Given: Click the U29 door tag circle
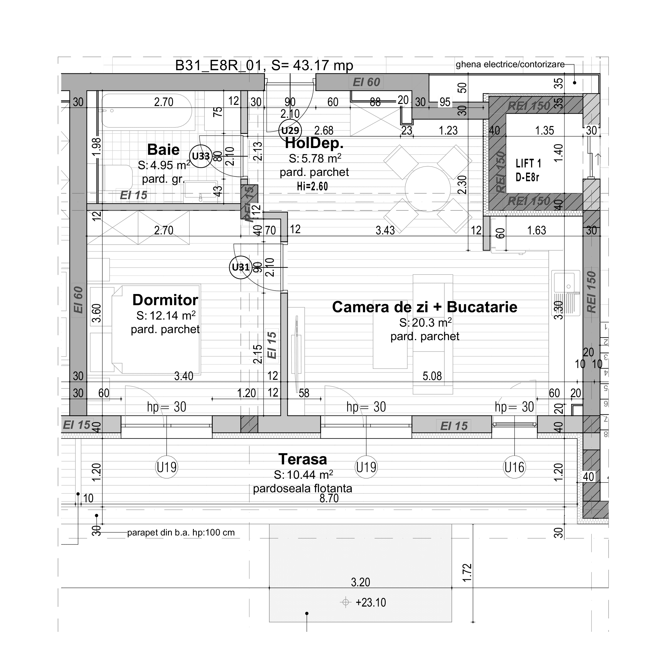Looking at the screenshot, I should [x=290, y=130].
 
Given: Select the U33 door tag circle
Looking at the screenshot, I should [x=201, y=156].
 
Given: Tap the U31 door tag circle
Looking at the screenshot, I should [x=241, y=267].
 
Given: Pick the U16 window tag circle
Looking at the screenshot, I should [x=514, y=467].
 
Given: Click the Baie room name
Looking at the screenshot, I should [x=163, y=150].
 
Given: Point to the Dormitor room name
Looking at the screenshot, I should [x=165, y=300].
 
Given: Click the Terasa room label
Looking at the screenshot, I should [x=303, y=459].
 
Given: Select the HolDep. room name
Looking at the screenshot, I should [x=314, y=143].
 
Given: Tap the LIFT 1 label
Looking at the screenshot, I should [x=528, y=163].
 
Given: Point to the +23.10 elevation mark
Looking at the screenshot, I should [x=370, y=602].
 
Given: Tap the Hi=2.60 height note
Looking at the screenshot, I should [x=312, y=187].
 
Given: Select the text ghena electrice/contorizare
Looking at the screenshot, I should [x=510, y=65].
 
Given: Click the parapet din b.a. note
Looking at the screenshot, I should [x=181, y=532].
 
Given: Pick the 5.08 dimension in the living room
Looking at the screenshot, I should [x=432, y=376].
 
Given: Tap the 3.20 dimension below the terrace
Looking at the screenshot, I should [x=360, y=582].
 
